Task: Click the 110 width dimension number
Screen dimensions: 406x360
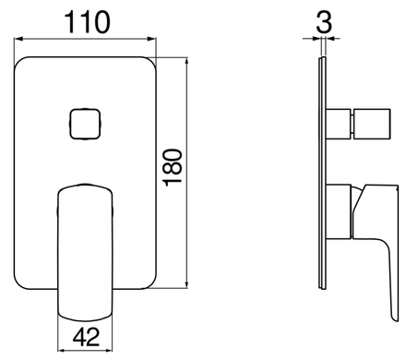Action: (x=87, y=22)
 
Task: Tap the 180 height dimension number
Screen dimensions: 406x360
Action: (x=173, y=168)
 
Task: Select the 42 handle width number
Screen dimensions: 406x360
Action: (x=86, y=337)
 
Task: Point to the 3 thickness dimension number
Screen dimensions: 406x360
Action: (x=324, y=22)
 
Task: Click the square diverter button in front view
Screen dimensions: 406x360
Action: (x=85, y=124)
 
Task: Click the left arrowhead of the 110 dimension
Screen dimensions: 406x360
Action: (x=18, y=39)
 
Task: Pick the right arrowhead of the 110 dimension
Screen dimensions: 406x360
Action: (x=152, y=39)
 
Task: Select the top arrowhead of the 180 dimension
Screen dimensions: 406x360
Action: (x=186, y=62)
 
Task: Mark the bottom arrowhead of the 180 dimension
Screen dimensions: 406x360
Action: (x=186, y=283)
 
